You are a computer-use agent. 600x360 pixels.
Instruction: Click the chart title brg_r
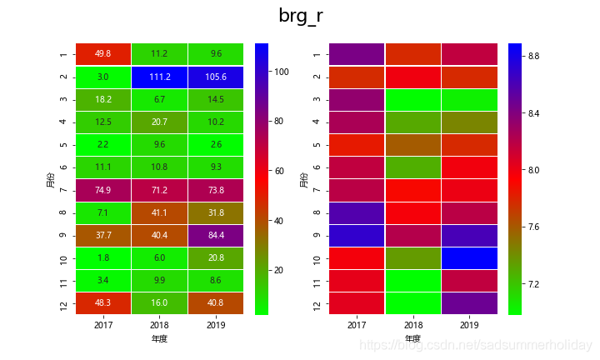pos(300,16)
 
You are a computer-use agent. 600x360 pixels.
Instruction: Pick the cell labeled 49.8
pos(103,54)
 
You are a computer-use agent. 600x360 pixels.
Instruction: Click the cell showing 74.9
pos(103,190)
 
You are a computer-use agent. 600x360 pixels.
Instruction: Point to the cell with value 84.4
pos(215,235)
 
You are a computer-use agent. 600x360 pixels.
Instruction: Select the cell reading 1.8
pos(103,257)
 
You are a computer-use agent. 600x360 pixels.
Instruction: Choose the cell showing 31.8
pos(215,212)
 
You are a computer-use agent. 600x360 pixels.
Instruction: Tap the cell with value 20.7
pos(159,122)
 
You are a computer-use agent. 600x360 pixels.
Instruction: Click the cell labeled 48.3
pos(103,302)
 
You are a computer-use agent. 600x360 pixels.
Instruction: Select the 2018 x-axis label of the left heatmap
pos(159,324)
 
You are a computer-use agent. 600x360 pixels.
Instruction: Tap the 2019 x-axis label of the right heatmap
pos(469,324)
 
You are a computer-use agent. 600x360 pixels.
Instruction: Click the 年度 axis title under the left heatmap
pos(159,339)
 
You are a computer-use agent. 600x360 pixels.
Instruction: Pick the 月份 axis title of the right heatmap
pos(304,179)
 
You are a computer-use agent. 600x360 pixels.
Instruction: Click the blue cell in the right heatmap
pos(469,257)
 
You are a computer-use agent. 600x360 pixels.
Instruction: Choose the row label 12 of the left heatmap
pos(64,302)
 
